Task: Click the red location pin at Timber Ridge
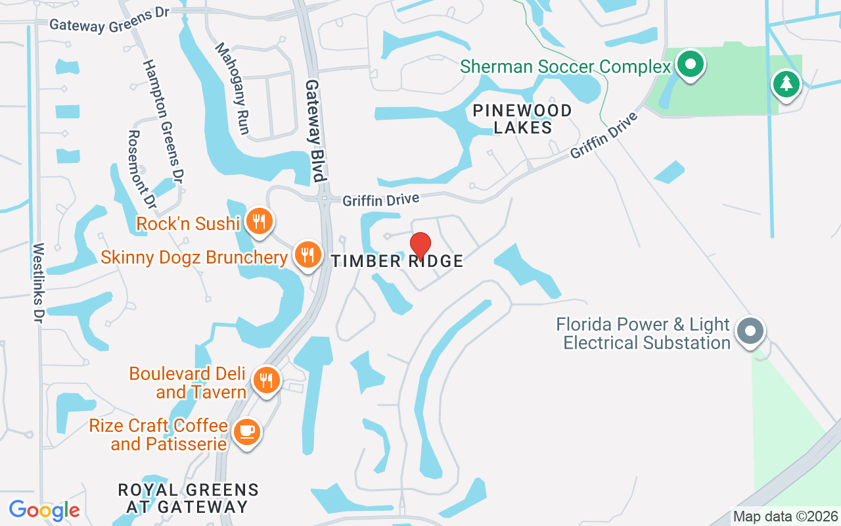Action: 420,245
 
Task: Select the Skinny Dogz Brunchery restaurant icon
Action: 307,254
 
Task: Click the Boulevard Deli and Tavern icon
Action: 266,380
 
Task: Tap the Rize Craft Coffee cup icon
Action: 247,431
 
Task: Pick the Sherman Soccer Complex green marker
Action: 690,64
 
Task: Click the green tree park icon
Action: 786,84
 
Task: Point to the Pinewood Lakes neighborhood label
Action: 522,119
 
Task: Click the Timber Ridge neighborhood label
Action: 398,261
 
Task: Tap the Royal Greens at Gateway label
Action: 188,498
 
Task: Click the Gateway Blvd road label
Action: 315,131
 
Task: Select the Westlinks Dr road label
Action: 38,283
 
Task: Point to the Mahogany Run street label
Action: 233,89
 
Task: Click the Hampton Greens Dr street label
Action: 162,122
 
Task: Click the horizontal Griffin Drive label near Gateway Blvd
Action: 380,199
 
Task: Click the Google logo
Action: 44,510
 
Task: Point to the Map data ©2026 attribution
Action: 785,517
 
